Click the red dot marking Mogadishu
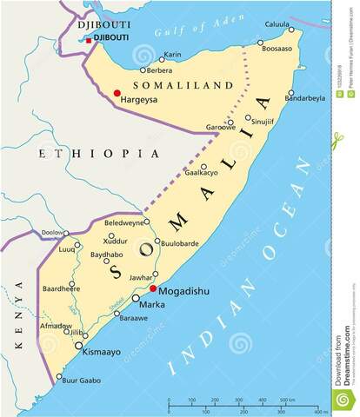[x=153, y=289]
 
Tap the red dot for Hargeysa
[x=117, y=93]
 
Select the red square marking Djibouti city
[x=87, y=38]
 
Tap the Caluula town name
[x=277, y=24]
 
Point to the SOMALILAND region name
[x=183, y=85]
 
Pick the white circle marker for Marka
[x=135, y=299]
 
